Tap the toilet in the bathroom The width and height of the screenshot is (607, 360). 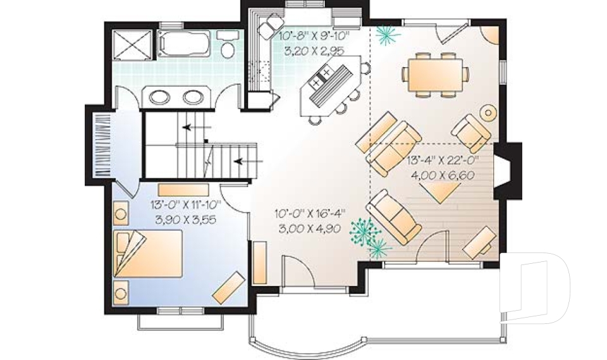tap(227, 48)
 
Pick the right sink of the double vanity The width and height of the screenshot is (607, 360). tap(192, 97)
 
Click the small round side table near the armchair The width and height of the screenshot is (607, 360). tap(489, 113)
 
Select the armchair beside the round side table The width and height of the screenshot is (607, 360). tap(471, 132)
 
